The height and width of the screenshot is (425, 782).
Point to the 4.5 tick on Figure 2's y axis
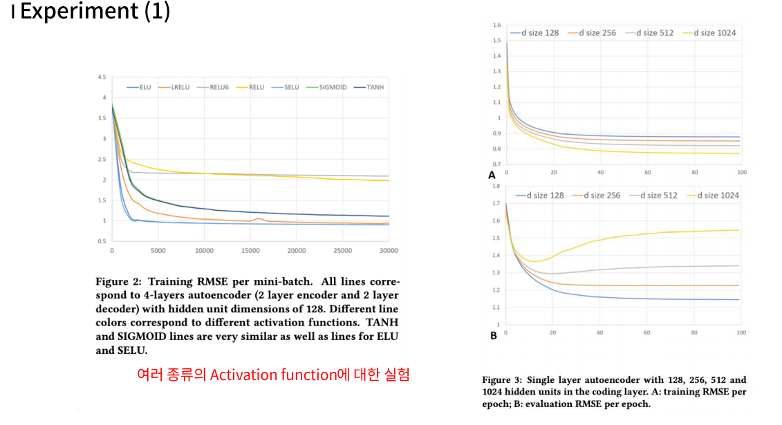[102, 77]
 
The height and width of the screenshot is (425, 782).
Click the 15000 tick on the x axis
[250, 250]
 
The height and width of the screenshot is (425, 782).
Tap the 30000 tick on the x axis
[389, 250]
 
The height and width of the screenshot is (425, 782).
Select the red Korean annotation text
[273, 375]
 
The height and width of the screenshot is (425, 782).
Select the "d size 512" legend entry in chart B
[659, 196]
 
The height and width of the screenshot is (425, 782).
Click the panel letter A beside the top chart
[492, 176]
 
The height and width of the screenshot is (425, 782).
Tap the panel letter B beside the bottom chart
[493, 336]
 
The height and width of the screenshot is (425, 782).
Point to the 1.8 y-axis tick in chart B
[495, 186]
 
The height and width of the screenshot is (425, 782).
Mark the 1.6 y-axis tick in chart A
[496, 25]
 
